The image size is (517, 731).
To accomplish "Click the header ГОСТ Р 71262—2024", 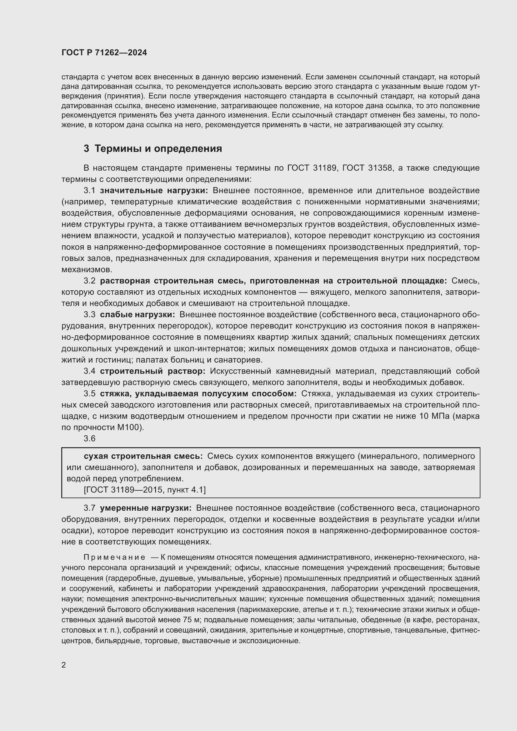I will coord(104,53).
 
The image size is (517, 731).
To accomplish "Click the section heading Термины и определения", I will coord(158,149).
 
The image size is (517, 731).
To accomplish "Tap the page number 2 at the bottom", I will coord(64,665).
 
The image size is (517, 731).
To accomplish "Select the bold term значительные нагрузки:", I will coord(154,191).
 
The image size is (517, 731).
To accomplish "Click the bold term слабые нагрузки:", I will coord(137,315).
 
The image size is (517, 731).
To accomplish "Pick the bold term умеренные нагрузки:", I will coord(146,508).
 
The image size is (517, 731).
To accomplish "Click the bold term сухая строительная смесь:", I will coord(143,456).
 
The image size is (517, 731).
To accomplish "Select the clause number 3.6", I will coord(89,438).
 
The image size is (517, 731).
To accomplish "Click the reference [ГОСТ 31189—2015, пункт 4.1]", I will coord(145,490).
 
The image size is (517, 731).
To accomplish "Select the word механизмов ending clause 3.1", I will coord(86,270).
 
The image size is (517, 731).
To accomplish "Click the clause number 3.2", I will coord(89,281).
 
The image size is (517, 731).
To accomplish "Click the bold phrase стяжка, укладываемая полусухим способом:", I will coord(198,393).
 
